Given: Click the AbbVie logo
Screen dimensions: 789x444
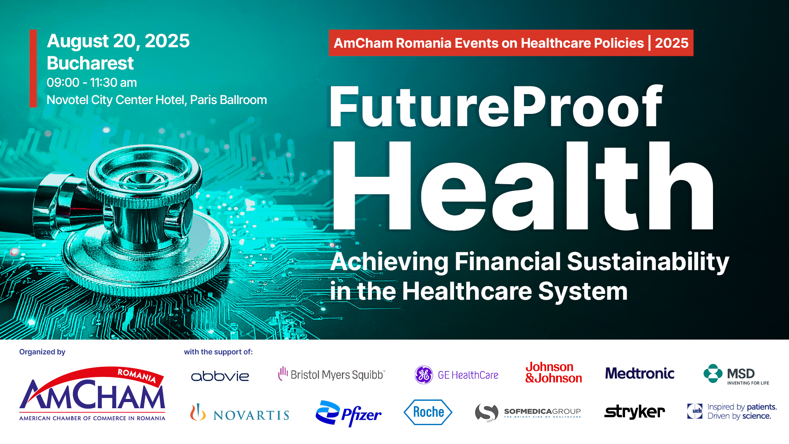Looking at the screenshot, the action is coord(220,376).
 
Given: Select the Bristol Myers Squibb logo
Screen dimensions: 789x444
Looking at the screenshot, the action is coord(331,374).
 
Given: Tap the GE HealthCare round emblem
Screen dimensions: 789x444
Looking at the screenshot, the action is coord(424,375).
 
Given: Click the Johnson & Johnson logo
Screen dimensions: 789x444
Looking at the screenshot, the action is coord(554,372).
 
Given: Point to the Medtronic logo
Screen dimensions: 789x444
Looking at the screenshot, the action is coord(640,373).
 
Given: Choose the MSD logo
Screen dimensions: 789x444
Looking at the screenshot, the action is coord(736,374).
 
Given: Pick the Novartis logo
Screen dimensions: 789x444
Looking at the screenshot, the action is coord(240,412).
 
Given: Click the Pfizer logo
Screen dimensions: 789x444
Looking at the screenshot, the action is coord(348,414).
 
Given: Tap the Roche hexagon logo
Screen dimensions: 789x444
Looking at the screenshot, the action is coord(428,412).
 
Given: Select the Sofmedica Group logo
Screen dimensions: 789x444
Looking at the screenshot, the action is coord(528,412).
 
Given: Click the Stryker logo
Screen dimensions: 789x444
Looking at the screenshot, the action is coord(634,412).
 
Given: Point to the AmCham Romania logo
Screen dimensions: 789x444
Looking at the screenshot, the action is coord(92,393).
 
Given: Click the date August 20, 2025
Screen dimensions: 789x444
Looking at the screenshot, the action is coord(118,41).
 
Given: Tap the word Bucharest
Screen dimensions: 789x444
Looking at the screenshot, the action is coord(90,63).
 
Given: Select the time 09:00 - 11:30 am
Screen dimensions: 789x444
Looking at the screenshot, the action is coord(92,83).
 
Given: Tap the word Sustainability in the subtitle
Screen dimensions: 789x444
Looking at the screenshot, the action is coord(648,262).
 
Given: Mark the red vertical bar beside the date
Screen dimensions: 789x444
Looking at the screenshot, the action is coord(33,68).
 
